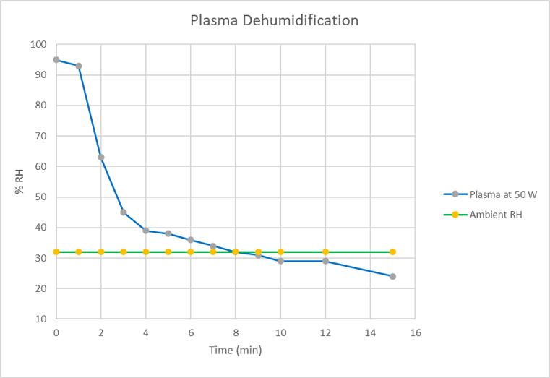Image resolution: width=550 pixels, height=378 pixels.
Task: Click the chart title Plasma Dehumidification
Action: (x=274, y=20)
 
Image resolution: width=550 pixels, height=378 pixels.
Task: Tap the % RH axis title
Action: (x=19, y=181)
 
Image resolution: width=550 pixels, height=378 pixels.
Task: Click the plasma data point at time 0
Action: (x=56, y=60)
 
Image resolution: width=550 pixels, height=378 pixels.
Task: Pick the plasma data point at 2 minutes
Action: (x=101, y=157)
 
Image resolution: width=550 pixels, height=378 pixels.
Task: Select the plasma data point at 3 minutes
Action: (x=124, y=212)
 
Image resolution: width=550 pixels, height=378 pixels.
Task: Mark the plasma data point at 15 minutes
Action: (x=392, y=276)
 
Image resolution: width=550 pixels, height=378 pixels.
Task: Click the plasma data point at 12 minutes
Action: (x=325, y=261)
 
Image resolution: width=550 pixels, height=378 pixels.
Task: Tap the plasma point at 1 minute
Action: (x=79, y=66)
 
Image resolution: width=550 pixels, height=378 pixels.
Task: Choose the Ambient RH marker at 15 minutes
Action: (x=392, y=252)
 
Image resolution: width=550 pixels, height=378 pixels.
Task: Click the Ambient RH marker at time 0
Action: (x=56, y=252)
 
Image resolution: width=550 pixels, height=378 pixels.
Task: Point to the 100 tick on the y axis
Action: (x=38, y=44)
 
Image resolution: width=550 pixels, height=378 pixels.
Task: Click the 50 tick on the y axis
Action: (x=41, y=197)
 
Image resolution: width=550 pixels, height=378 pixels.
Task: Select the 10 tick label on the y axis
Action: (x=41, y=319)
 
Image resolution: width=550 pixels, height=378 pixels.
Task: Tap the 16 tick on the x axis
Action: (x=415, y=332)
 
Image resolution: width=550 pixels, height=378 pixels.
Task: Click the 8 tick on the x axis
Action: (x=236, y=332)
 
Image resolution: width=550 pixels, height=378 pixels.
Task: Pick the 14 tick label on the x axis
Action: (x=370, y=332)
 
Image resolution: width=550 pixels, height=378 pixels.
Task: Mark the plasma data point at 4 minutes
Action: (x=146, y=231)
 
